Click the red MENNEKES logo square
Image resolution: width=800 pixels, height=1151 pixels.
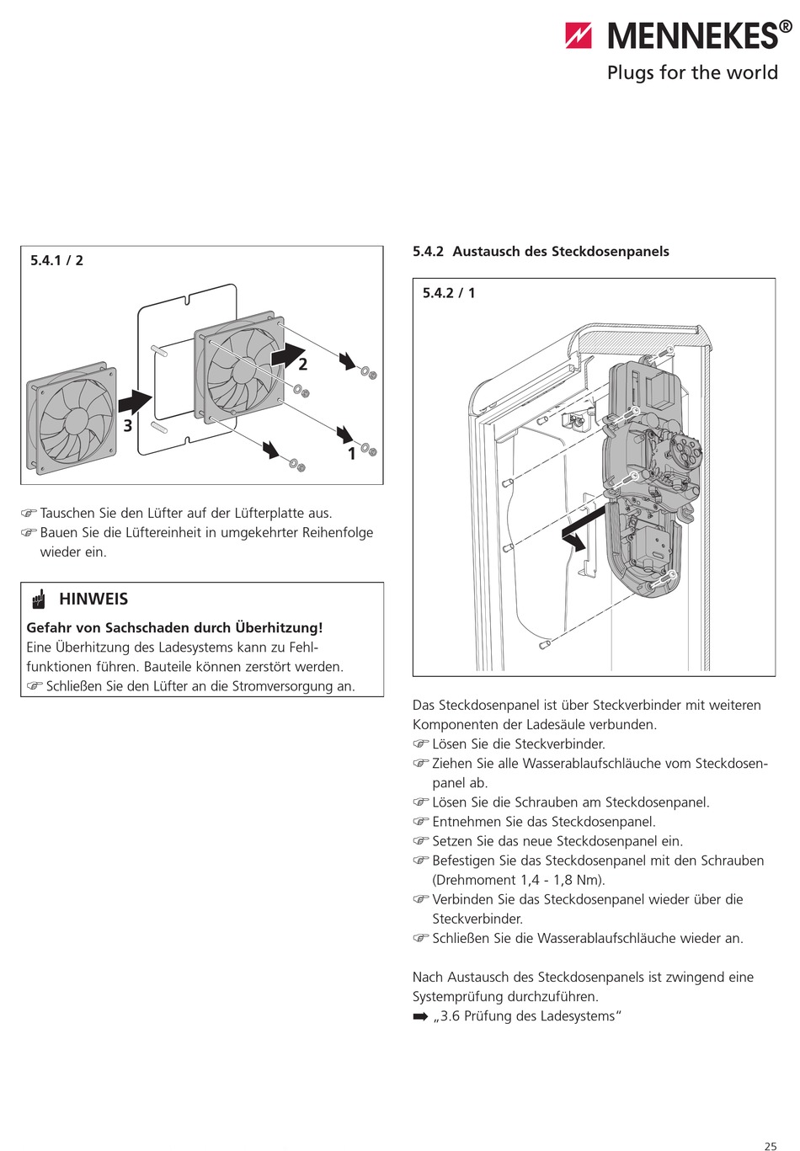(x=579, y=35)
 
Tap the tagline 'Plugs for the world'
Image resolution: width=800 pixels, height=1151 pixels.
(x=692, y=73)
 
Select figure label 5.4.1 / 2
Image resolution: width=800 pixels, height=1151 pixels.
(x=56, y=260)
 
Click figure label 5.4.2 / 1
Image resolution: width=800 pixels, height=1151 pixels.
(x=449, y=293)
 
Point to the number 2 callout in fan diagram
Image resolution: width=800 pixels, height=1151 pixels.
(x=302, y=365)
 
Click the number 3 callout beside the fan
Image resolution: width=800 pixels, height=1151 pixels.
(x=128, y=426)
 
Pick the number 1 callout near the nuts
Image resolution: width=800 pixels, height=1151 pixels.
(x=352, y=454)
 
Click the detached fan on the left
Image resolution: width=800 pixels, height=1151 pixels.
(x=72, y=418)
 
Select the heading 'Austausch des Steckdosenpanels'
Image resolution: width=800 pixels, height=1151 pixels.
(x=561, y=252)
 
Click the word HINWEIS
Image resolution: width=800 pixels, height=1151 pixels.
(x=93, y=599)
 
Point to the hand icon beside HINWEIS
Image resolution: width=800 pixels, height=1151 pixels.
(x=39, y=599)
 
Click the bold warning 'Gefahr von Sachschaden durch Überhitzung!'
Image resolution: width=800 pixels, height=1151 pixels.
(x=174, y=628)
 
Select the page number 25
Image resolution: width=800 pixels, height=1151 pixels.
(x=770, y=1146)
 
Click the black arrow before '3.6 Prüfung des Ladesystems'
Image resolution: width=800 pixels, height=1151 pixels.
(x=420, y=1017)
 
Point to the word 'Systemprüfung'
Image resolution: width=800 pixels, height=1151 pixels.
(x=460, y=997)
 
